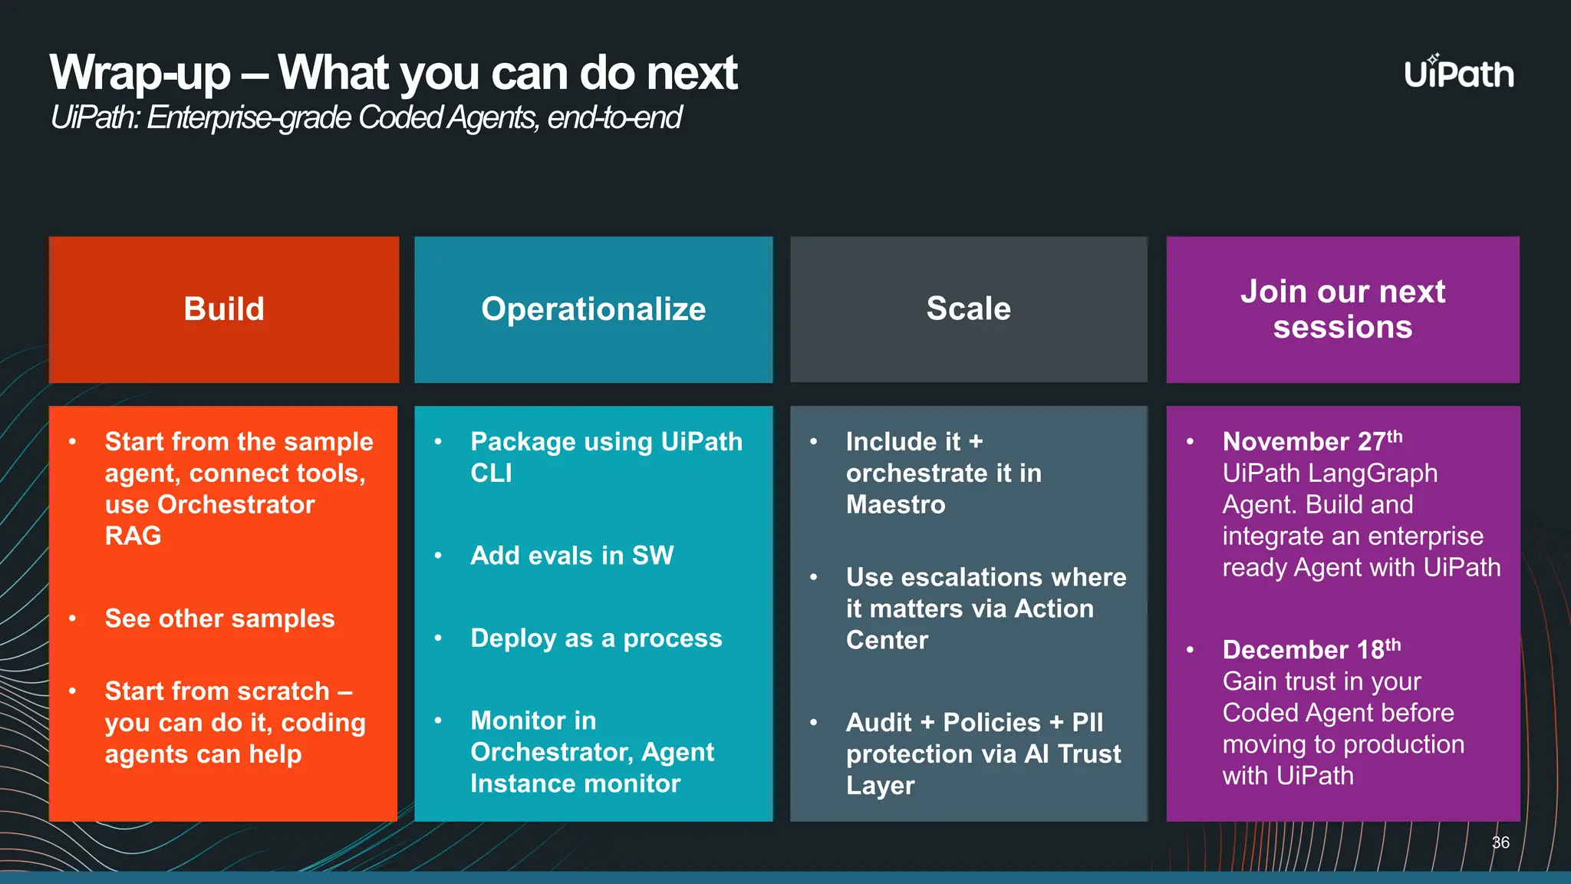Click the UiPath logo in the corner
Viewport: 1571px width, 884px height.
[x=1458, y=73]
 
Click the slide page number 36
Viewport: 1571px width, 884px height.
[x=1500, y=843]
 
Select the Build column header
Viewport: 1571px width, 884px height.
[x=223, y=309]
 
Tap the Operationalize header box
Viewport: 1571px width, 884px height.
[x=593, y=309]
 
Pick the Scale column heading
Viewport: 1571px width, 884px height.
[x=968, y=308]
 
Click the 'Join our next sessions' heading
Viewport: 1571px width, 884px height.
[x=1342, y=309]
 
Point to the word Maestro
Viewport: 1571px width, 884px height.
[x=895, y=505]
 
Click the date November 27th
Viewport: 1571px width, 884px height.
[x=1312, y=441]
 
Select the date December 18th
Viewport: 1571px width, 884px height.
[x=1311, y=649]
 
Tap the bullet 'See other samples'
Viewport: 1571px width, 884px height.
[x=219, y=618]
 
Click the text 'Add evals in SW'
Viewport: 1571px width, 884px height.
[x=571, y=556]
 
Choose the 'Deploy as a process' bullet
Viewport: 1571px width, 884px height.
[x=596, y=638]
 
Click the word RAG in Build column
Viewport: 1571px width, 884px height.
[x=133, y=536]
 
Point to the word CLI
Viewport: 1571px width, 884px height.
[x=491, y=473]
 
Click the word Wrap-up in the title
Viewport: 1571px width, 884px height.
[x=140, y=74]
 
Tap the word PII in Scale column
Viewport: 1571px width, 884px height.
[x=1087, y=723]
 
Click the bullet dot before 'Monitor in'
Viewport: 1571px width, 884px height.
[x=438, y=721]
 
